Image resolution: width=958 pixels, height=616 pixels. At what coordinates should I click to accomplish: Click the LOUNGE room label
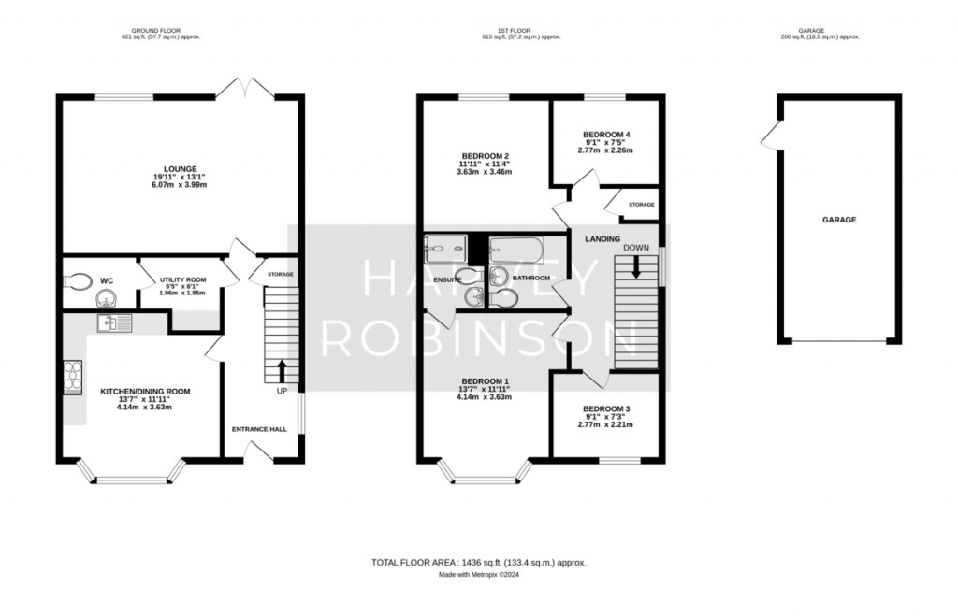coord(180,169)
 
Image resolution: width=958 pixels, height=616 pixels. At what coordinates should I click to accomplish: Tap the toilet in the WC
coord(78,282)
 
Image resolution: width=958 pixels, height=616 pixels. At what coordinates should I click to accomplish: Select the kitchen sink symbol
coord(114,323)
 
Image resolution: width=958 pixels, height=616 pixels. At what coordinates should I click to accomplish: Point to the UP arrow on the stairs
coord(282,371)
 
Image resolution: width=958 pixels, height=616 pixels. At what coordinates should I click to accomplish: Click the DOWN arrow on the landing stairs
coord(636,267)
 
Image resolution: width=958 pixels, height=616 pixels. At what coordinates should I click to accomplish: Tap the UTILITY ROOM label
coord(183,279)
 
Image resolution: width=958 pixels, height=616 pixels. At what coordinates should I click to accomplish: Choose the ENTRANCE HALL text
coord(259,429)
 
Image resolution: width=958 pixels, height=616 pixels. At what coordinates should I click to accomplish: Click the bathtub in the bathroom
coord(516,251)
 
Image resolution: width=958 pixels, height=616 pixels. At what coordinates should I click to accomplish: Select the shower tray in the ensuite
coord(445,249)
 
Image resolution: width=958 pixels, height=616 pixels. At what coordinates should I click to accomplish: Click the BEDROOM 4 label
coord(606,135)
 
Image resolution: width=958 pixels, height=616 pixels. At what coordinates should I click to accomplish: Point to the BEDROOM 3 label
coord(606,409)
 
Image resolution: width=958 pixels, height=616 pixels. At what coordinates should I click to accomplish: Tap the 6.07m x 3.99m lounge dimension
coord(180,184)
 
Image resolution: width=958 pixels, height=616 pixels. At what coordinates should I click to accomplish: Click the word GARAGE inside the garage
coord(839,220)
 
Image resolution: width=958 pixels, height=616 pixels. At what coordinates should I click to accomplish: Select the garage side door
coord(772,135)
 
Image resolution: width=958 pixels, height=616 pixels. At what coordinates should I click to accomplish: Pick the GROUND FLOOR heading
coord(156,31)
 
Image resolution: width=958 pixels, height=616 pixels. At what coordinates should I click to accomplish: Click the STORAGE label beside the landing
coord(641,205)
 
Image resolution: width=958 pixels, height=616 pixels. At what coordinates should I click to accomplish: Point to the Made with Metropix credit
coord(479,575)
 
